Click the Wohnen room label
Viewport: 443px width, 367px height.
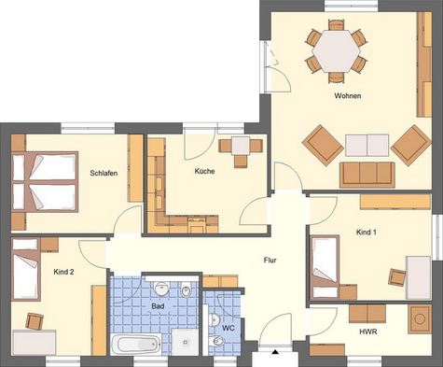(348, 96)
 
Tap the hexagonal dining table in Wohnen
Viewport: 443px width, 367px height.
(337, 51)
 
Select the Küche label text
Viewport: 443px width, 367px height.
(204, 171)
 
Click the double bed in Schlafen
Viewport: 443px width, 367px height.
(45, 182)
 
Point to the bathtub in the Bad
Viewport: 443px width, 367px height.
(136, 345)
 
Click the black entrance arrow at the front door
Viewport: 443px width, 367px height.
(275, 352)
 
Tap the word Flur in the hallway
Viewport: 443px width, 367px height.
(270, 261)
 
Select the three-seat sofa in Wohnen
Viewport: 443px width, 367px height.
(367, 175)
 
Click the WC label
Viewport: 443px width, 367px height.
(228, 328)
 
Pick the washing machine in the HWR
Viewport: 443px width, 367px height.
(420, 318)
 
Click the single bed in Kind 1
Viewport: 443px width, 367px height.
(325, 267)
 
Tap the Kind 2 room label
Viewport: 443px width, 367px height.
(63, 272)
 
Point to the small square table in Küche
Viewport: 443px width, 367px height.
(241, 146)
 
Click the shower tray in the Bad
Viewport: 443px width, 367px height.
(185, 342)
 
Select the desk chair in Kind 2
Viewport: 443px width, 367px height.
(35, 321)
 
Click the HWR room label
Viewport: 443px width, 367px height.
(368, 332)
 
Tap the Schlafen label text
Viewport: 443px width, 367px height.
(104, 173)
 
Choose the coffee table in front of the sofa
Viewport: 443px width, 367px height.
(367, 145)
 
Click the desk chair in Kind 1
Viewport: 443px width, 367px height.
(397, 277)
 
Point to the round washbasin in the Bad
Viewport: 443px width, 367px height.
(161, 289)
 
